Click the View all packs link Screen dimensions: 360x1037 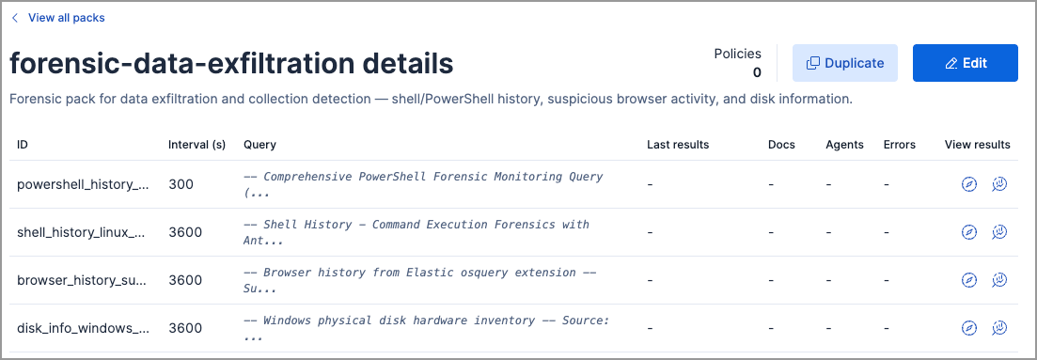tap(66, 18)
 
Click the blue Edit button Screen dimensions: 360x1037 tap(965, 63)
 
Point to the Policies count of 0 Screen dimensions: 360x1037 tap(757, 72)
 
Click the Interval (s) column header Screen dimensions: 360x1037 tap(196, 145)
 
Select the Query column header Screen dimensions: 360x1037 tap(259, 145)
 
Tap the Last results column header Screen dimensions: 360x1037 tap(678, 145)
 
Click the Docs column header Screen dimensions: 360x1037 tap(781, 145)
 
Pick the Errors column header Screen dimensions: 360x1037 tap(900, 145)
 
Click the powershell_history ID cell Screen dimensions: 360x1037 tap(83, 184)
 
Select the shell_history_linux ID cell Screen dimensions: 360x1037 tap(83, 232)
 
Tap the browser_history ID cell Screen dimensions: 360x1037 tap(83, 280)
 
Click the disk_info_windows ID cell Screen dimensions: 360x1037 tap(83, 328)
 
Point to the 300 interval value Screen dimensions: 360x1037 tap(181, 184)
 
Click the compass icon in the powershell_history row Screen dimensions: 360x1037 tap(969, 184)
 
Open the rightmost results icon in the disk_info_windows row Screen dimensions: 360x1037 tap(999, 328)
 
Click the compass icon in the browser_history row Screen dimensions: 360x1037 tap(969, 280)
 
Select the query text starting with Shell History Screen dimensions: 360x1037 tap(416, 232)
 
